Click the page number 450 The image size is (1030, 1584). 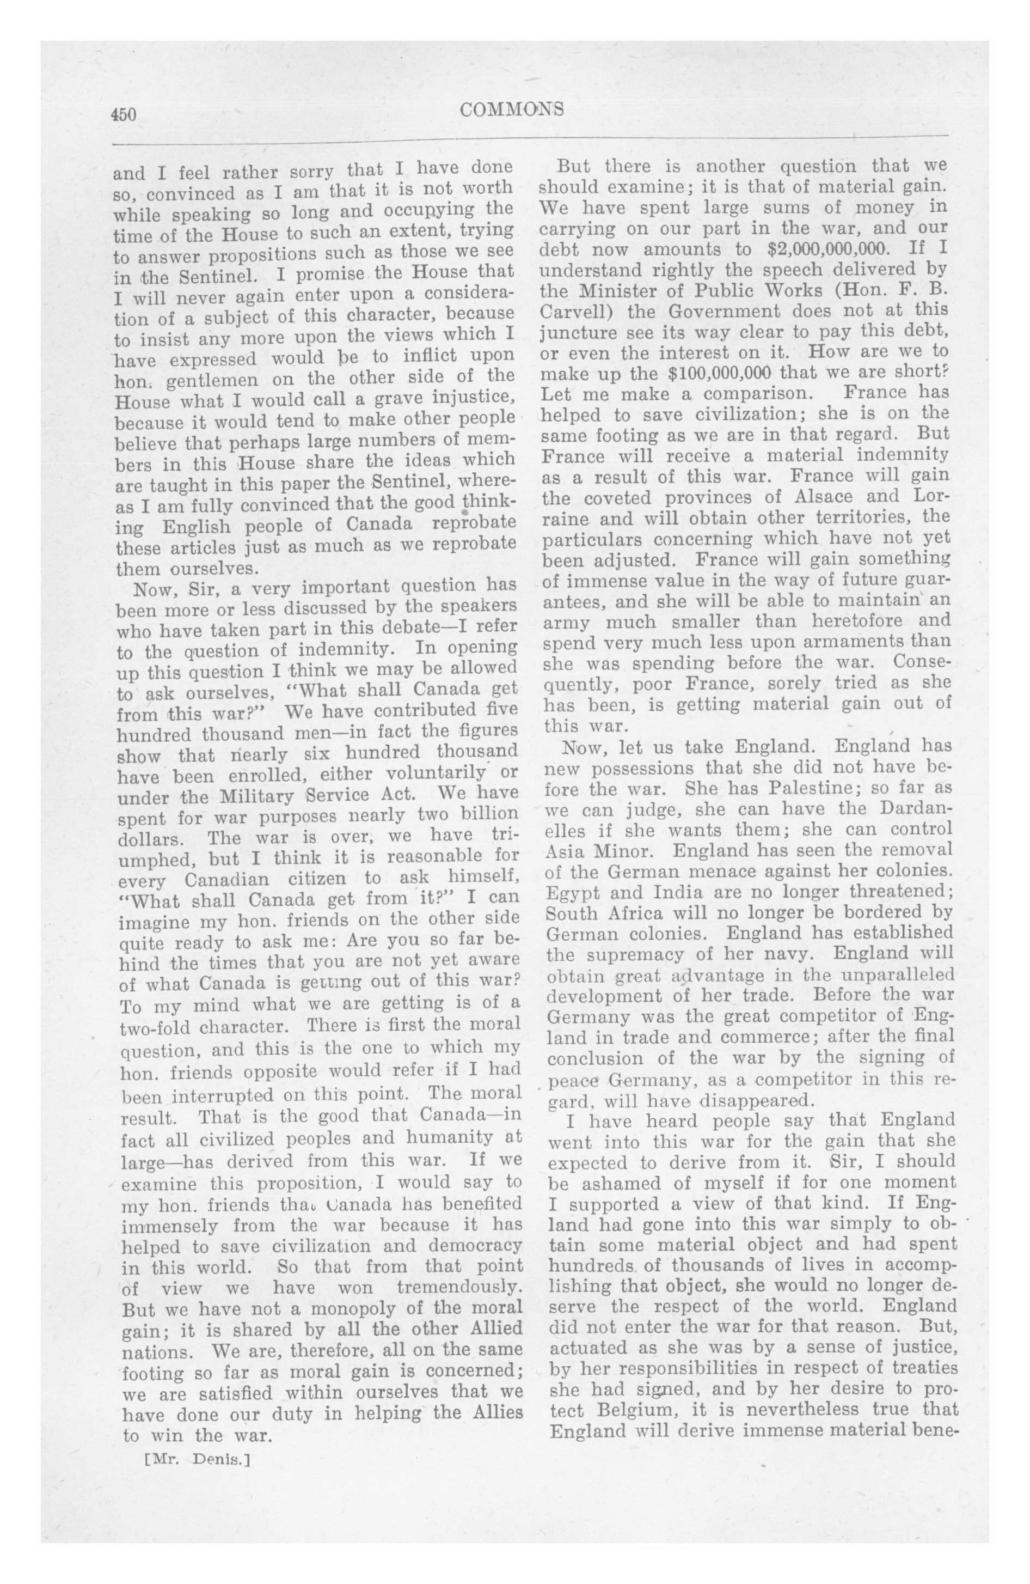(124, 114)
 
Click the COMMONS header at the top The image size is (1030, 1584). (512, 109)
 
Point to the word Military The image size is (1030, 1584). (258, 796)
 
